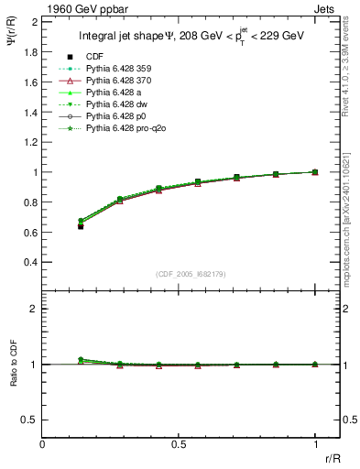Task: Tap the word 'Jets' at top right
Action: point(326,9)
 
